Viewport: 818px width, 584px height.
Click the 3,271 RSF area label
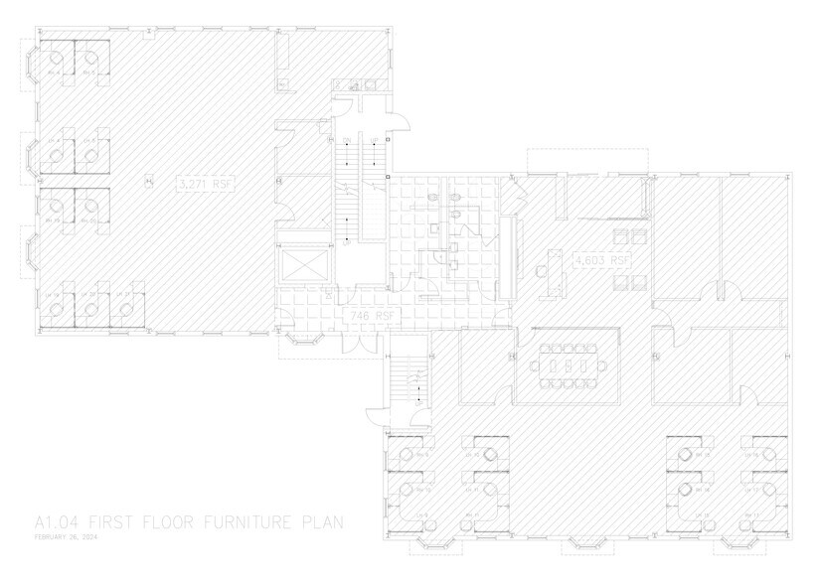click(x=203, y=184)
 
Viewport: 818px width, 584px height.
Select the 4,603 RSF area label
click(x=602, y=260)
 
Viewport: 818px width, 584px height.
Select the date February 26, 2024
click(x=66, y=537)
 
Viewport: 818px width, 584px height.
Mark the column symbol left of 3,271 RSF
click(x=150, y=181)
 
